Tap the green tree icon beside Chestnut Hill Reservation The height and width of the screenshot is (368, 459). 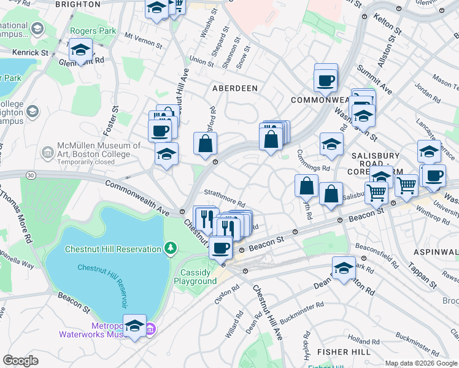[171, 248]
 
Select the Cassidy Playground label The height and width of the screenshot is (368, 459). [198, 277]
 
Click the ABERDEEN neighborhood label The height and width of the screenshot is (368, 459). [234, 88]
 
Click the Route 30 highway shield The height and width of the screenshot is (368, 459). [30, 176]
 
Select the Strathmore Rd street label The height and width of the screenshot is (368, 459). [225, 197]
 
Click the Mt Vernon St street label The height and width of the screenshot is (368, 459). [143, 41]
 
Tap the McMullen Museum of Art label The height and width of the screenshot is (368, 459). [98, 150]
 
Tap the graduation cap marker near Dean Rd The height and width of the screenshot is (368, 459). [344, 268]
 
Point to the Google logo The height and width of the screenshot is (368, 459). [20, 360]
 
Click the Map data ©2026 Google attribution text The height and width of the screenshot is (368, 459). [421, 363]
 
